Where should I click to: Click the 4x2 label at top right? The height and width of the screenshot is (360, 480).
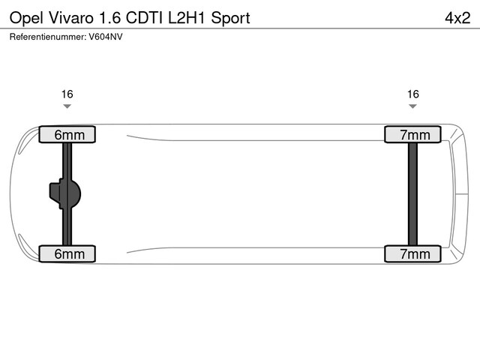pyautogui.click(x=457, y=17)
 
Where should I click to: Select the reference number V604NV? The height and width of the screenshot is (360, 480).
pyautogui.click(x=105, y=36)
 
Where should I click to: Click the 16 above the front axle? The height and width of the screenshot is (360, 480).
pyautogui.click(x=67, y=94)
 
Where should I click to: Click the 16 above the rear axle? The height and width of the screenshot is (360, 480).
pyautogui.click(x=412, y=94)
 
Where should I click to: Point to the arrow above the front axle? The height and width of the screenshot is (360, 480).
pyautogui.click(x=67, y=106)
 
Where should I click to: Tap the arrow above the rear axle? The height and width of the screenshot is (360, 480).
pyautogui.click(x=412, y=106)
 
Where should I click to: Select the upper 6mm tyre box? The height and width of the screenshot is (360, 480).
pyautogui.click(x=67, y=135)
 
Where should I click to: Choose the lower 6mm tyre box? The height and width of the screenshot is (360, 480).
pyautogui.click(x=67, y=253)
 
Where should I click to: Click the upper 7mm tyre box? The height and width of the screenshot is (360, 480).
pyautogui.click(x=413, y=135)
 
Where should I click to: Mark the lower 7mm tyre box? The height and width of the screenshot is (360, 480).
pyautogui.click(x=413, y=253)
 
